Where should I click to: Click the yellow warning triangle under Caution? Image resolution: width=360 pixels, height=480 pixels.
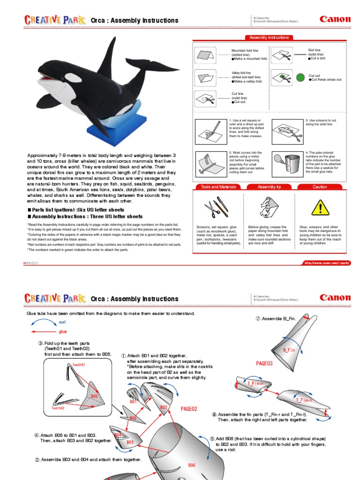point(321,207)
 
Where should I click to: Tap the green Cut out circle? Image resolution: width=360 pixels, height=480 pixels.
point(300,77)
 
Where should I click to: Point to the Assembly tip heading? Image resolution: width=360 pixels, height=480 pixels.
point(269,187)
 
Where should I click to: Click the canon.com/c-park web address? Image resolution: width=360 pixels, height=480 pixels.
point(327,263)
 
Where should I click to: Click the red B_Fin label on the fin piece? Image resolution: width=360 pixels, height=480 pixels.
point(289,350)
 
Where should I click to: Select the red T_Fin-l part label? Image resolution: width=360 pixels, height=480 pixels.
point(304,400)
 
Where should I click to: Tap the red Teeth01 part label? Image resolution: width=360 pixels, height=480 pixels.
point(78,364)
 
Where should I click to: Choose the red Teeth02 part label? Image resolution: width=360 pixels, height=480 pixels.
point(58,408)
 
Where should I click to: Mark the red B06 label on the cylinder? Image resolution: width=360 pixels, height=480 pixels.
point(192,465)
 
